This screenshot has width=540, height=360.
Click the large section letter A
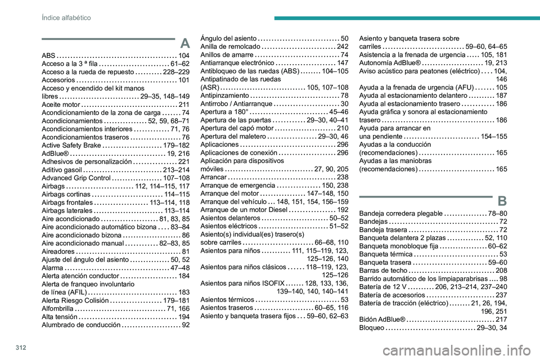(184, 42)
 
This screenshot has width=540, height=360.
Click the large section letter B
(502, 200)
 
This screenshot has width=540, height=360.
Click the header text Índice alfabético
(67, 18)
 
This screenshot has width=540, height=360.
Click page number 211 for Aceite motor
(183, 105)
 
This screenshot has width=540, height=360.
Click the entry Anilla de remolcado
(229, 46)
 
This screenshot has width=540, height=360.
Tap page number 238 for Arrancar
(342, 177)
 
